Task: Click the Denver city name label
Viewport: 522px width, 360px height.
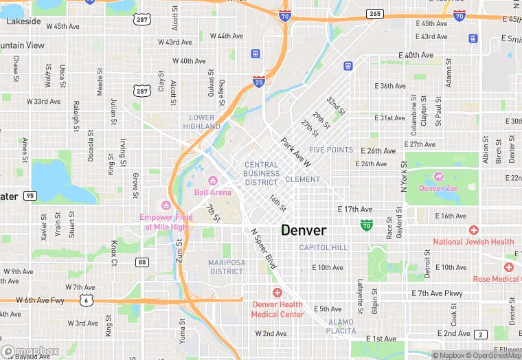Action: (304, 230)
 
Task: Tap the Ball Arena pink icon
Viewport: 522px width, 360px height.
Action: (213, 181)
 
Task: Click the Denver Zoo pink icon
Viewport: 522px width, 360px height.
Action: (440, 177)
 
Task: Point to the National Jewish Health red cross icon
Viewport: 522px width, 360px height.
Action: (473, 230)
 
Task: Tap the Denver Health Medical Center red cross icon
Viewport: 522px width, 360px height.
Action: (277, 293)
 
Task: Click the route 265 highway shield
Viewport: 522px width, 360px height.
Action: (375, 13)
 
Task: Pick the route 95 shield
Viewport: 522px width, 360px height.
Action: (29, 196)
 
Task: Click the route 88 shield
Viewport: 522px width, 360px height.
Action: (142, 262)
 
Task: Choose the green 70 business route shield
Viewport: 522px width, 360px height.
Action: (367, 225)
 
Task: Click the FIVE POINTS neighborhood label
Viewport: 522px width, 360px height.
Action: (331, 150)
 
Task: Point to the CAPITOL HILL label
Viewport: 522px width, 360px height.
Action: (324, 247)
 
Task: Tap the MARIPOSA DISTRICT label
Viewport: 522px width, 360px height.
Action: (227, 267)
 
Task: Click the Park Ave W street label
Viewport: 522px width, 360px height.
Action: (296, 152)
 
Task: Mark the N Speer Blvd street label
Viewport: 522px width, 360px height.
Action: (263, 249)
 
